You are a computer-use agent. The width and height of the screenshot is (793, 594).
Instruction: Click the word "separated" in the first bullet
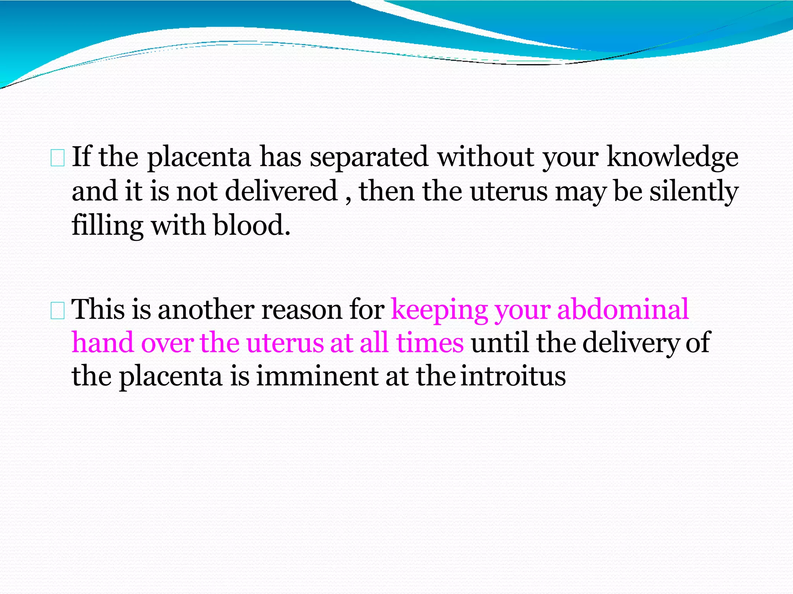click(x=369, y=157)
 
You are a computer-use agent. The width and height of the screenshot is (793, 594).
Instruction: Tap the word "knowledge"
click(x=673, y=157)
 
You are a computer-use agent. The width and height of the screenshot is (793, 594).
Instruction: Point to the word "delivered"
click(x=281, y=191)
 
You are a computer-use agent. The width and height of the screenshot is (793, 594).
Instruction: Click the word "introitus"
click(x=513, y=376)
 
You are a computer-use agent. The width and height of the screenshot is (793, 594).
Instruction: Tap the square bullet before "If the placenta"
click(x=58, y=159)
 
